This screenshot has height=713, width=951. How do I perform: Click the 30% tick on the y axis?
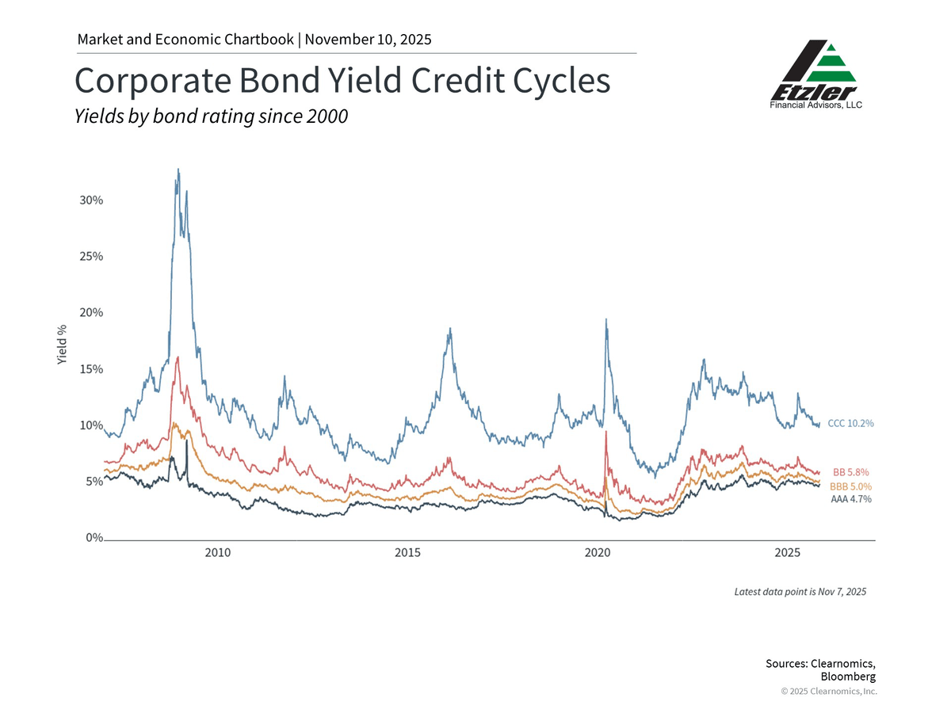91,200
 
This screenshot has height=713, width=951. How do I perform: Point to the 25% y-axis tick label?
91,257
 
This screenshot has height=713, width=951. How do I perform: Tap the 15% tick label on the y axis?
91,369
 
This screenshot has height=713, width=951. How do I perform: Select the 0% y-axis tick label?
94,538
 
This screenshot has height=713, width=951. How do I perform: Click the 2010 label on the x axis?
218,552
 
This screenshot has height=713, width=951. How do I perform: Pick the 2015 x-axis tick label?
407,552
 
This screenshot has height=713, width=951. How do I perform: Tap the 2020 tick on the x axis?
598,552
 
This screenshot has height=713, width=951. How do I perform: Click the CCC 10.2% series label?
850,423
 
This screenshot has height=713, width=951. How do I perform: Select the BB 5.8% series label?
852,472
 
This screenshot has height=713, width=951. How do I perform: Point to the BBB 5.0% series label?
850,486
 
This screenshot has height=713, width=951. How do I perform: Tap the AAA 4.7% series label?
850,499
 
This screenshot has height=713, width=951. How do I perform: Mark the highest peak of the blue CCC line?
178,169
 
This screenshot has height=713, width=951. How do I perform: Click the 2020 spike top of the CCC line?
606,319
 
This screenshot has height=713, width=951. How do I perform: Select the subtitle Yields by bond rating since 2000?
211,116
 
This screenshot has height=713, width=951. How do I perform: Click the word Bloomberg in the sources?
848,677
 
